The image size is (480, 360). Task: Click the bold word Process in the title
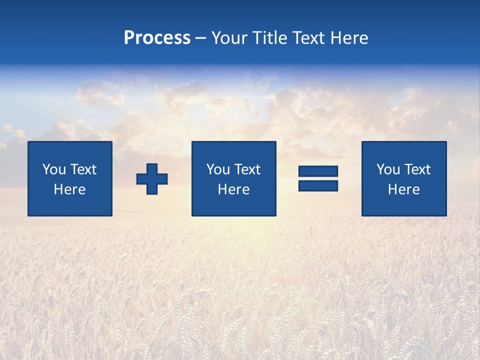157,38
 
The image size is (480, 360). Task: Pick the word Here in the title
349,38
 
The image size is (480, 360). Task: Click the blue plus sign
152,179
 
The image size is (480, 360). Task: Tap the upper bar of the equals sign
318,171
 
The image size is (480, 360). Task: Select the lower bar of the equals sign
318,186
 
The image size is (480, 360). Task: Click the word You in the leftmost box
54,169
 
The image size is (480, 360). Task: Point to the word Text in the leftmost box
83,169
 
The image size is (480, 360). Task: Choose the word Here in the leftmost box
69,189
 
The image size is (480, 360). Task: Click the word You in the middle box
218,169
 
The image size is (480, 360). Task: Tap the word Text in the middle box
247,169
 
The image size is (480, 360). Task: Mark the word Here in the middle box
233,189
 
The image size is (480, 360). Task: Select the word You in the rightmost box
388,169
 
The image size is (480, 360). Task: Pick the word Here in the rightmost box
403,189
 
